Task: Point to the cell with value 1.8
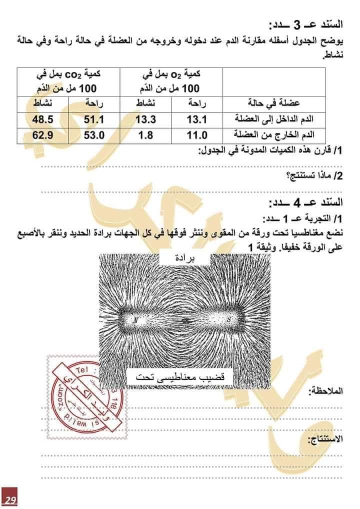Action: [146, 134]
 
